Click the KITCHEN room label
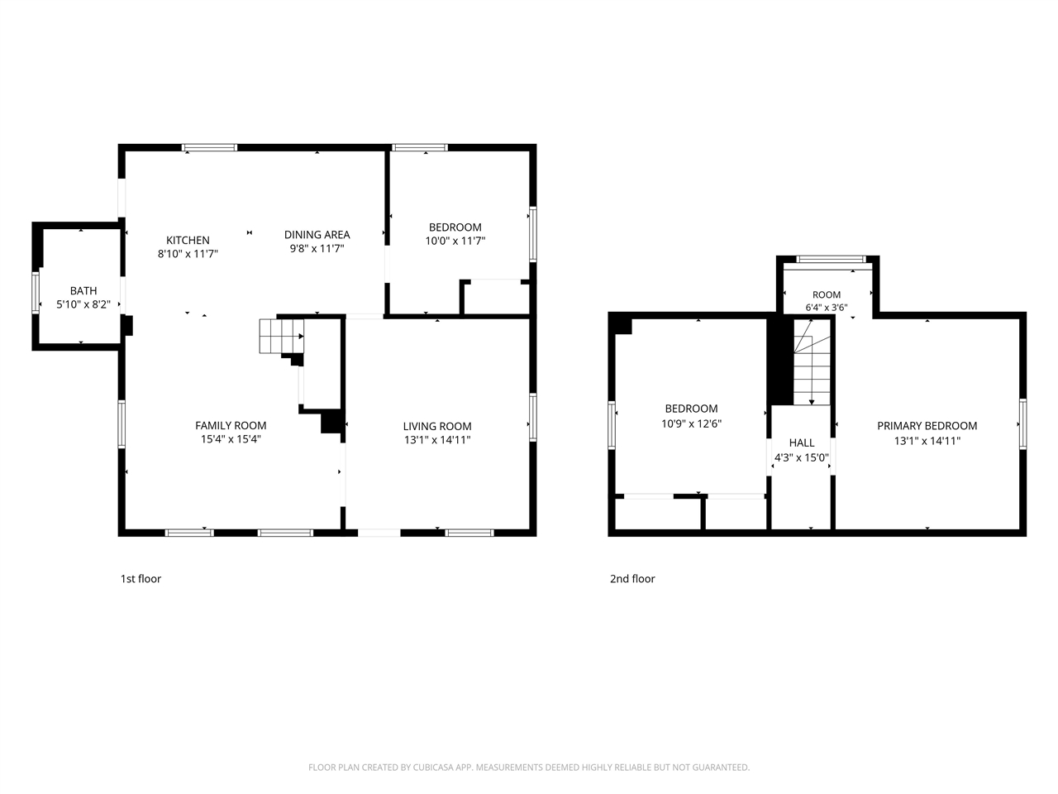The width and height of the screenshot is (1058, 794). pyautogui.click(x=188, y=240)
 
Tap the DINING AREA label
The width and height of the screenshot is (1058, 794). pyautogui.click(x=317, y=235)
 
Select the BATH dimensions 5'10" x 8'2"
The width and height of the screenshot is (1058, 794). pyautogui.click(x=83, y=304)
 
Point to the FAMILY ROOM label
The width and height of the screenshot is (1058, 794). pyautogui.click(x=231, y=425)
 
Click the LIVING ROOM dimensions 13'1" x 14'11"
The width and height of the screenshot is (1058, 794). pyautogui.click(x=437, y=440)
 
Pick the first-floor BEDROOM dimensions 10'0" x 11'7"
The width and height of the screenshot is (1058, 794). pyautogui.click(x=455, y=241)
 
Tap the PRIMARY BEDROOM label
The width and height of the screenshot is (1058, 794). pyautogui.click(x=927, y=426)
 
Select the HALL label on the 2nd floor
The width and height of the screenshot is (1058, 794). pyautogui.click(x=802, y=442)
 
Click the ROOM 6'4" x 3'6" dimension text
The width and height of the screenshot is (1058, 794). pyautogui.click(x=827, y=307)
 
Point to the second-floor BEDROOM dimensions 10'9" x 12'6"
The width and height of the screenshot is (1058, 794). pyautogui.click(x=691, y=423)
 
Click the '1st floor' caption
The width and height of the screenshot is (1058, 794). pyautogui.click(x=141, y=578)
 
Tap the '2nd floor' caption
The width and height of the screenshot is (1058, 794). pyautogui.click(x=632, y=578)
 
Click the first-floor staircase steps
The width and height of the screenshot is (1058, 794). pyautogui.click(x=281, y=336)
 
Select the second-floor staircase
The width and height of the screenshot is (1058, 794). pyautogui.click(x=813, y=361)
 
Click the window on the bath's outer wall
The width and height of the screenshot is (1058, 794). pyautogui.click(x=36, y=292)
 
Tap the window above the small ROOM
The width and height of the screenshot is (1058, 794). pyautogui.click(x=831, y=260)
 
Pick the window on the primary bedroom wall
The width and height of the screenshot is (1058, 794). pyautogui.click(x=1022, y=423)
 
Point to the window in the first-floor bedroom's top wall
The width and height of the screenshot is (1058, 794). pyautogui.click(x=419, y=147)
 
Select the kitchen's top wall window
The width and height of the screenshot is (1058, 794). pyautogui.click(x=209, y=147)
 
